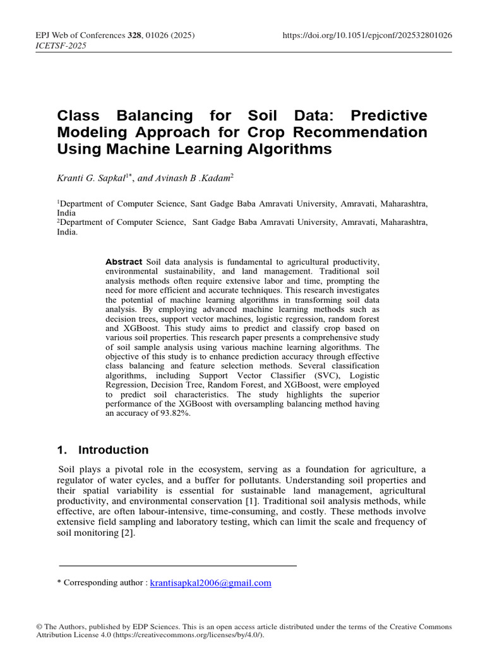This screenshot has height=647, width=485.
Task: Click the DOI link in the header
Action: pos(368,35)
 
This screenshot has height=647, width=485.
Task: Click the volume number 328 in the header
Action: pos(135,35)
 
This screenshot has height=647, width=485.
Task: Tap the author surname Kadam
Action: pos(214,178)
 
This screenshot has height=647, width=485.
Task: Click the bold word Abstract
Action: pos(124,262)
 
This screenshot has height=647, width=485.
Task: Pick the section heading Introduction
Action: pos(113,450)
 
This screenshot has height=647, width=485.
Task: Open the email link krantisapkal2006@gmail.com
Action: pos(210,583)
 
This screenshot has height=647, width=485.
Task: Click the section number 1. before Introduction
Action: pos(62,450)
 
